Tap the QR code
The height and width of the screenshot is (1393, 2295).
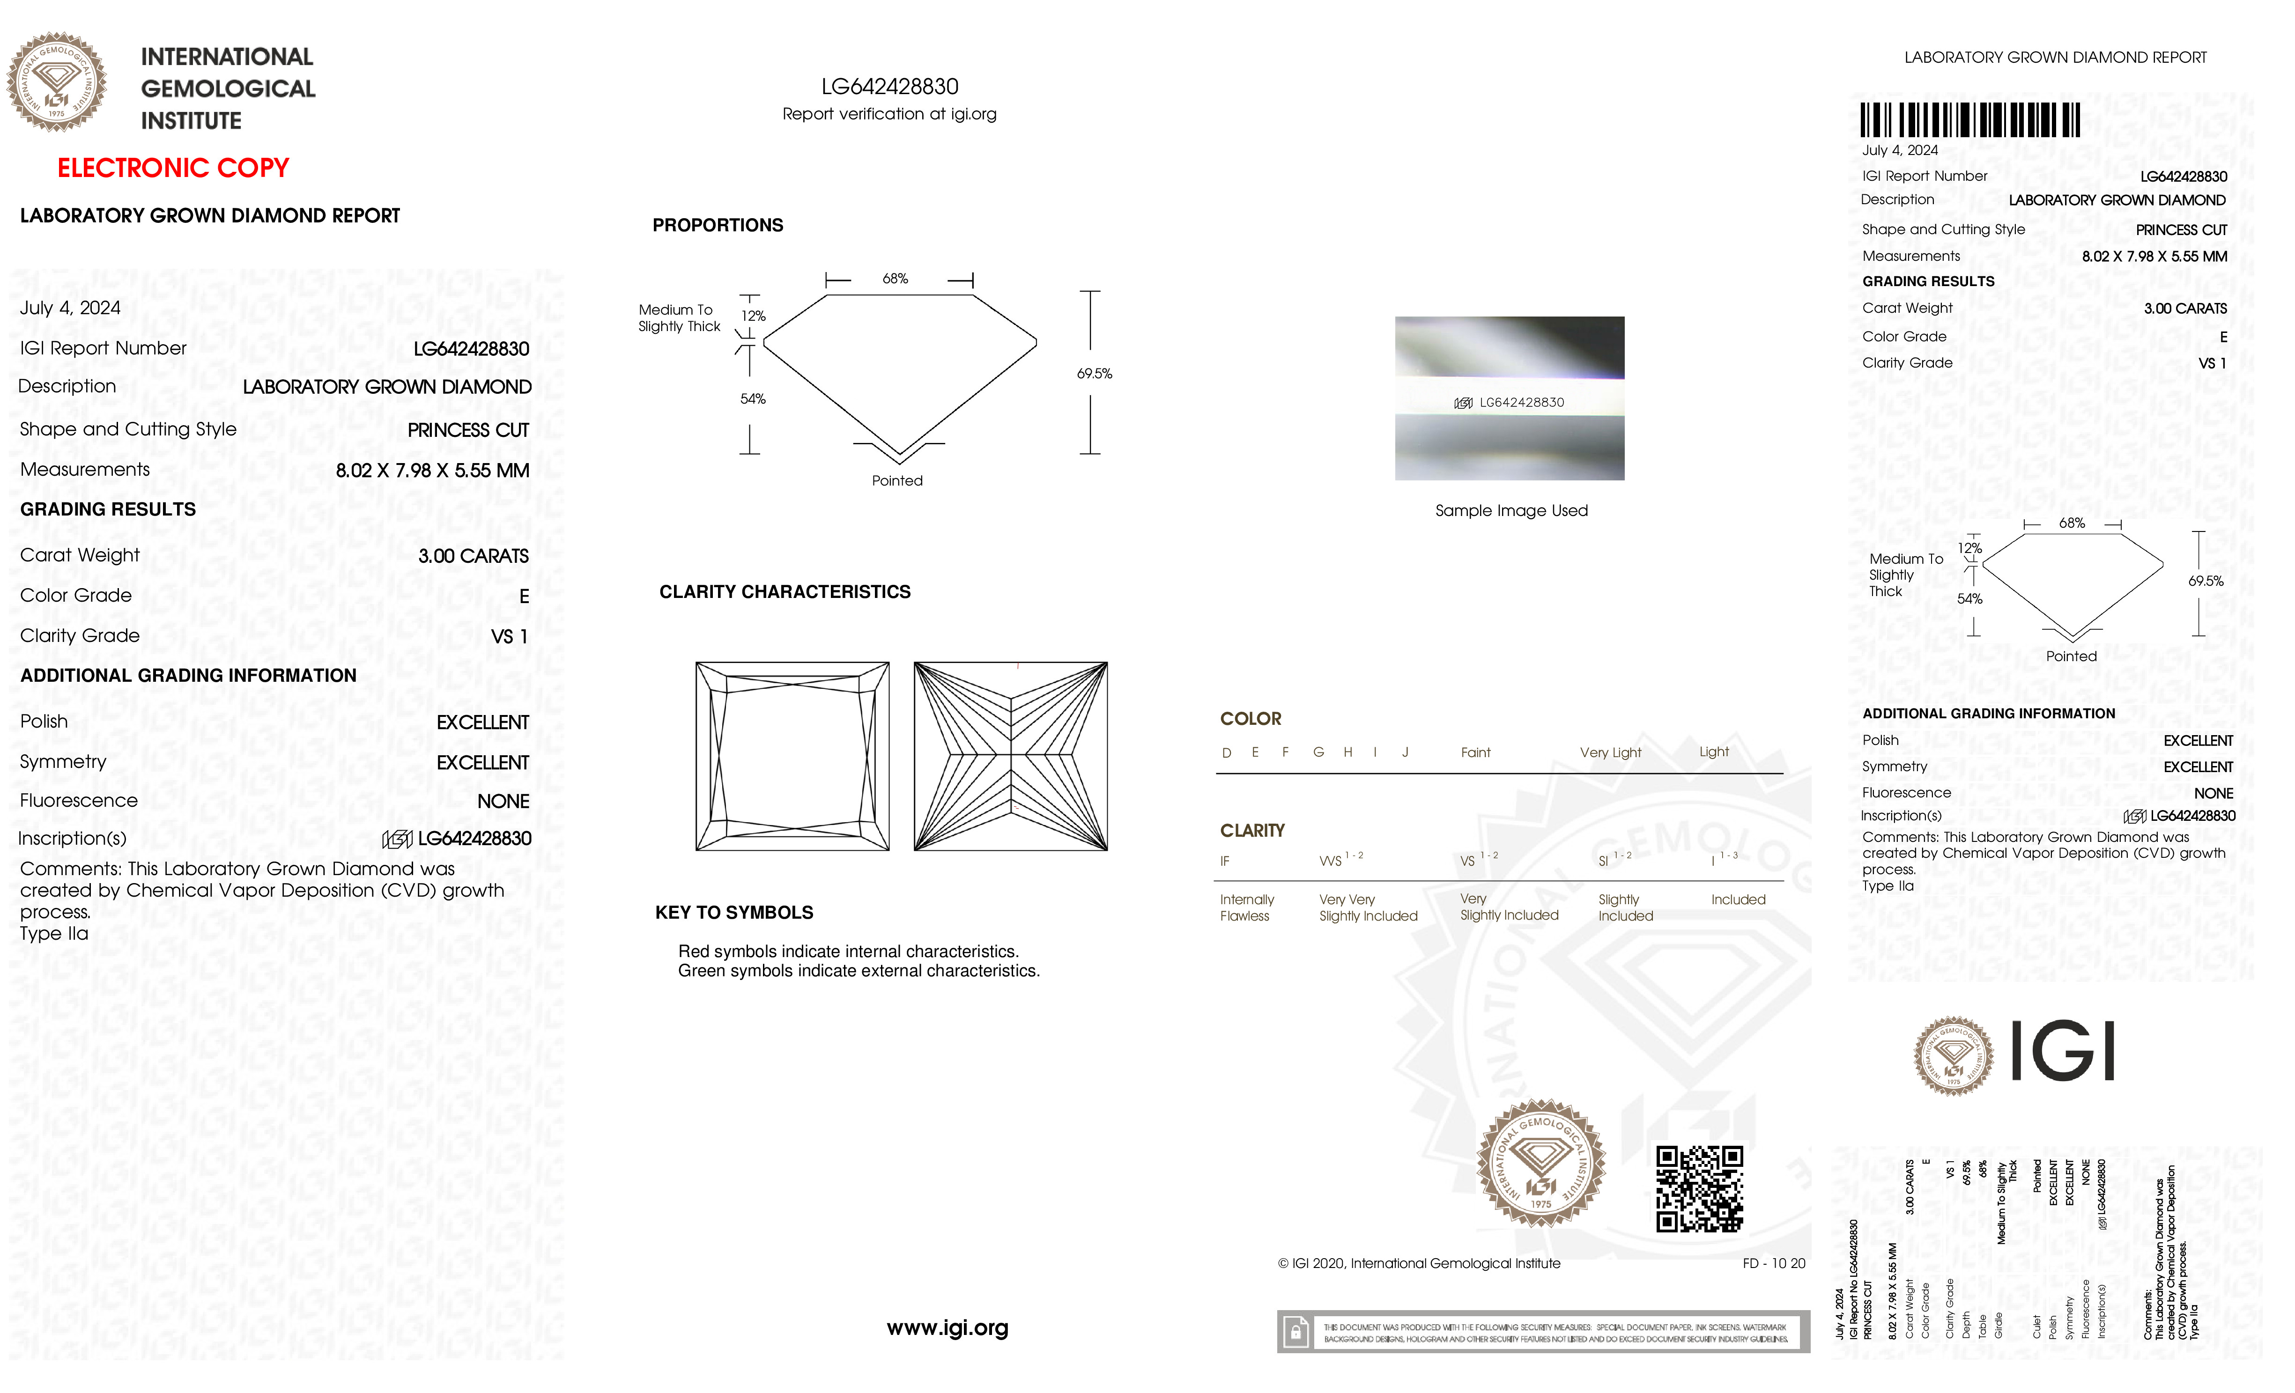[1699, 1188]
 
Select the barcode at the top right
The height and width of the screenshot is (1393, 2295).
[1970, 120]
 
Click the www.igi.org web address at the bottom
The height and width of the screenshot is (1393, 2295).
[947, 1328]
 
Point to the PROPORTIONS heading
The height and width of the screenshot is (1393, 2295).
[717, 225]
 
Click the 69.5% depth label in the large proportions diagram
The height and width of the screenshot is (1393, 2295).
[1095, 373]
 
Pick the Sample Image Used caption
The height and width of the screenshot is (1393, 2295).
[1511, 510]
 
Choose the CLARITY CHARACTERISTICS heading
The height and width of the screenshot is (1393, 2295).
[784, 592]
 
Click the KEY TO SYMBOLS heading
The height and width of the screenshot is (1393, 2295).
[734, 913]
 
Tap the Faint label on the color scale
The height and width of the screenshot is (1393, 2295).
[1475, 752]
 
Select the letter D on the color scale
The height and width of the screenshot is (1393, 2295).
[1227, 752]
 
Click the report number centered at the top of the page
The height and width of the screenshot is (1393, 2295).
[889, 87]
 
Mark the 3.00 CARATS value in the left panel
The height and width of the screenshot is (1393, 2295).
[473, 556]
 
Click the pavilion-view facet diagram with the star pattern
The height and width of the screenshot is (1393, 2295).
[1011, 756]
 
